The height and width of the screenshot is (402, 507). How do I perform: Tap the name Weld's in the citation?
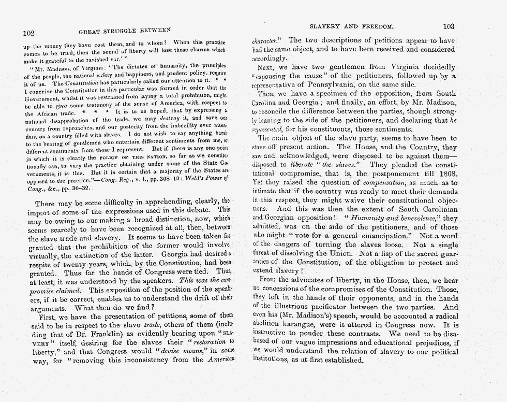(x=183, y=180)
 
